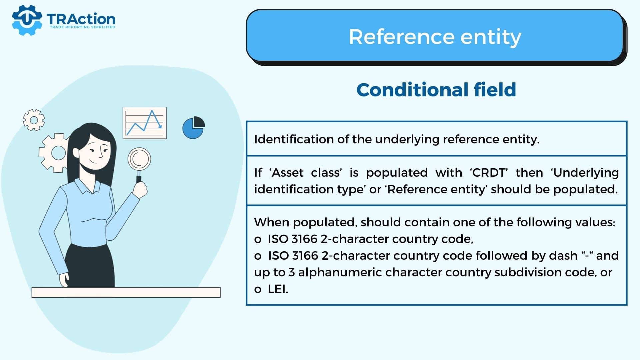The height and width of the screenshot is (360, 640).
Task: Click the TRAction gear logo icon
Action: point(27,20)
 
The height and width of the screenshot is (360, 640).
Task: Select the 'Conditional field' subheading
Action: point(436,90)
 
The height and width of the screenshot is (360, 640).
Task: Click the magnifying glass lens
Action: point(139,159)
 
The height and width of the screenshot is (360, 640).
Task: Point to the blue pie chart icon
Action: point(193,127)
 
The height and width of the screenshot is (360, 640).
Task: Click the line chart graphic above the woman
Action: point(145,123)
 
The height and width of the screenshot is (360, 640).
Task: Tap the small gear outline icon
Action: point(34,120)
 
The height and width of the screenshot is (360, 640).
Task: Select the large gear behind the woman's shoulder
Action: point(53,153)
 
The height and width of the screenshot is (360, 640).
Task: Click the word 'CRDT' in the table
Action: point(489,173)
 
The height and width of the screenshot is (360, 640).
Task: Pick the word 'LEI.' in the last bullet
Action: point(278,289)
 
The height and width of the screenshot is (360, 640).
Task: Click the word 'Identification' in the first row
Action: point(294,139)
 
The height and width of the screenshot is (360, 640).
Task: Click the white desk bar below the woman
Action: point(126,292)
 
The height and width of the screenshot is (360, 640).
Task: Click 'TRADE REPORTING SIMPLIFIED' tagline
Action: point(82,27)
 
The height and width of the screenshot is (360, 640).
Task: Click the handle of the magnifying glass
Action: point(139,177)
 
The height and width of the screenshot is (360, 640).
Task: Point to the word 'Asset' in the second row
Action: point(288,173)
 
